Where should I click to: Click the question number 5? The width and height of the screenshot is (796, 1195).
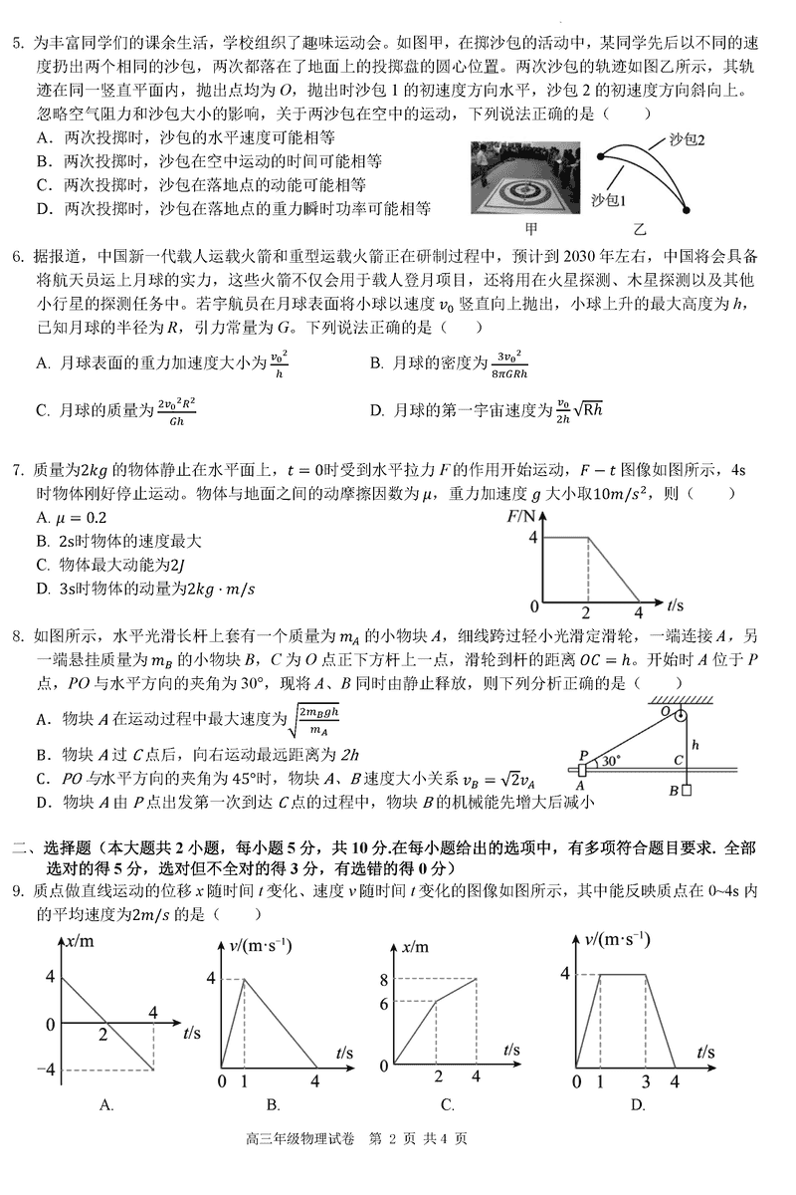tap(17, 44)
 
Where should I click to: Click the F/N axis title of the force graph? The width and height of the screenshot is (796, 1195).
tap(522, 516)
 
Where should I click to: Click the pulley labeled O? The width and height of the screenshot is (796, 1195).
tap(680, 716)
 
